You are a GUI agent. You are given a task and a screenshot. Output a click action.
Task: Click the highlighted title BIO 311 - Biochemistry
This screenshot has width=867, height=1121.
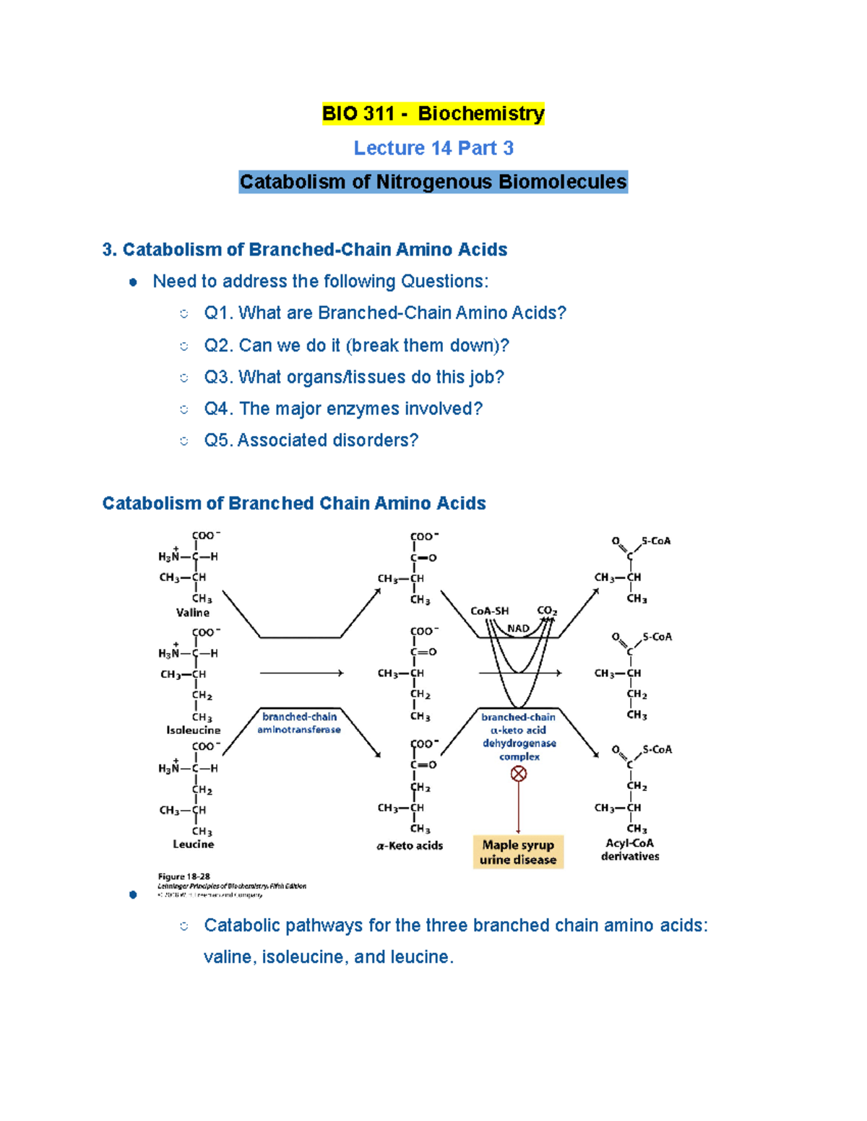(x=433, y=113)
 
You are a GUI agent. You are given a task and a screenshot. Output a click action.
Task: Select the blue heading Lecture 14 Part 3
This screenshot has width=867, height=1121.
(x=433, y=148)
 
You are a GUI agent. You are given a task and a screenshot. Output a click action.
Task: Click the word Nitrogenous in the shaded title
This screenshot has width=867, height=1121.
(x=433, y=182)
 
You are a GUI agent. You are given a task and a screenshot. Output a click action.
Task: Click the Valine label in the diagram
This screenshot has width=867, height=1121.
(x=193, y=613)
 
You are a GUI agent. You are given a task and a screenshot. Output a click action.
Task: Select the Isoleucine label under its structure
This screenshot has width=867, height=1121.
(x=194, y=730)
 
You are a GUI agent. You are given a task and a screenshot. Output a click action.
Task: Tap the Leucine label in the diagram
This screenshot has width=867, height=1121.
(x=194, y=844)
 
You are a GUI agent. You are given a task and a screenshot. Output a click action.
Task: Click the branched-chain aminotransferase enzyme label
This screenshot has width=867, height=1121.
(x=299, y=723)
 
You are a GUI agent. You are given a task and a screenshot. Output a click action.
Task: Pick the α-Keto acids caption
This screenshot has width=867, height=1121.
(x=410, y=845)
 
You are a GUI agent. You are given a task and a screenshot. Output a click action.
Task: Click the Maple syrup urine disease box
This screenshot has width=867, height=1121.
(x=518, y=852)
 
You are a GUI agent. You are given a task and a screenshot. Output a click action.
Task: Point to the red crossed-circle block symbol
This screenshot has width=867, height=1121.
(x=518, y=774)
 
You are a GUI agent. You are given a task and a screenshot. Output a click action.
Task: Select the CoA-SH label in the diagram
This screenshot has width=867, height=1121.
(x=489, y=611)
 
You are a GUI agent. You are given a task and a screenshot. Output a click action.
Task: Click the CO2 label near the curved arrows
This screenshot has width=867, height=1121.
(x=547, y=611)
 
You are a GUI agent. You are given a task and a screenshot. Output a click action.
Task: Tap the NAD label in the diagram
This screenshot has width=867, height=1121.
(x=518, y=628)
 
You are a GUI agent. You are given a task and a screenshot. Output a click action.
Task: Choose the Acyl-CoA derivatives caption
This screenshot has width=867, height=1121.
(x=630, y=850)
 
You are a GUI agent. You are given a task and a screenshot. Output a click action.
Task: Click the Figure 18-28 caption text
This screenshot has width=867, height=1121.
(x=184, y=876)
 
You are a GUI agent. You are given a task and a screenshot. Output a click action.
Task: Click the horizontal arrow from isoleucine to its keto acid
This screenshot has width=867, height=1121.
(x=301, y=673)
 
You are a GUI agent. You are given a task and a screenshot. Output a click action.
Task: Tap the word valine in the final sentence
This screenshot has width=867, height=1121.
(x=229, y=957)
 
